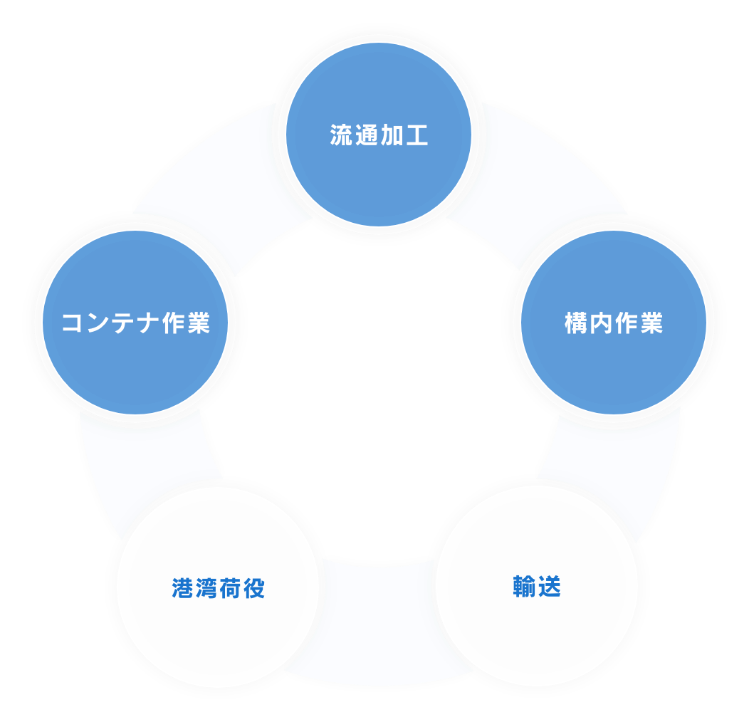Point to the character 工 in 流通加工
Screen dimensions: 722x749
click(x=417, y=135)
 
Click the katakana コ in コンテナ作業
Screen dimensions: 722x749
click(x=73, y=323)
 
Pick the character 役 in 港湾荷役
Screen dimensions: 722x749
click(x=253, y=588)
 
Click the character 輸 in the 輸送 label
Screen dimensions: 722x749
click(x=525, y=586)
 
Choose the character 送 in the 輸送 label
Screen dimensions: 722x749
click(x=550, y=586)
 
